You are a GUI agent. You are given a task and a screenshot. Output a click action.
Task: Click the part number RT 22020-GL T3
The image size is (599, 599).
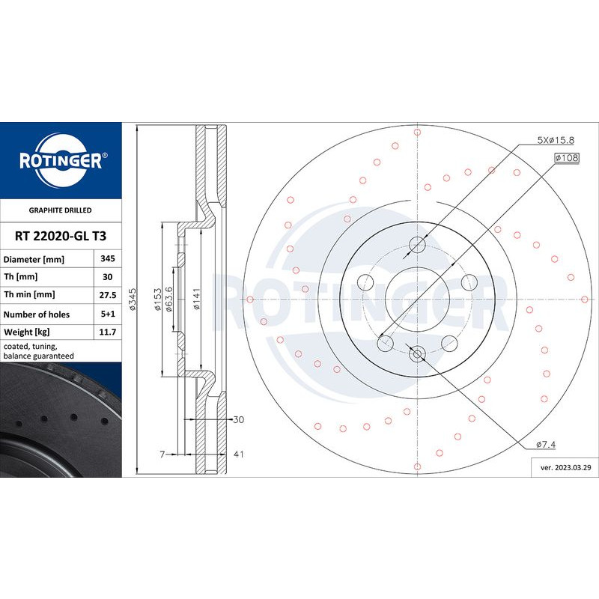point(61,236)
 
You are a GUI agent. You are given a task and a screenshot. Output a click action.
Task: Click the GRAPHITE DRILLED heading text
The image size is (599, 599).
point(61,211)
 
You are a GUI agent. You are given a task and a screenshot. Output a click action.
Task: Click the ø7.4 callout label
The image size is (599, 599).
point(546,445)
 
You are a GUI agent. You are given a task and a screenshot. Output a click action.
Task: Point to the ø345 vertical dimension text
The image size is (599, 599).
point(132,299)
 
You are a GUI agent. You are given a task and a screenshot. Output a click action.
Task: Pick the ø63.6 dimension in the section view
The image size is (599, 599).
point(169,299)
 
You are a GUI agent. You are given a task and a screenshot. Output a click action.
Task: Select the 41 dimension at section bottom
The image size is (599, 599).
point(238,454)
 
